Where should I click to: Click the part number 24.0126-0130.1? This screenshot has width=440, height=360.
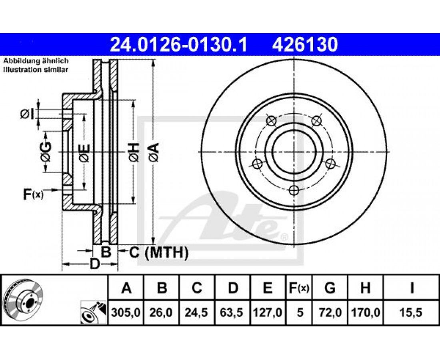pos(179,45)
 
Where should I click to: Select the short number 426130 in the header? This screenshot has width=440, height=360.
pos(305,45)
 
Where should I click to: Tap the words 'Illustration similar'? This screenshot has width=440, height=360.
pos(36,70)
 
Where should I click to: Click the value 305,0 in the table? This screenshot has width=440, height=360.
pos(126,312)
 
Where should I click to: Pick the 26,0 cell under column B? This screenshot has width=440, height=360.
pos(161,312)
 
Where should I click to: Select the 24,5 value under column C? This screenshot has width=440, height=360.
pos(196,312)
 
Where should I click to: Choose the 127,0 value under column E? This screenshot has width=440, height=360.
pos(268,312)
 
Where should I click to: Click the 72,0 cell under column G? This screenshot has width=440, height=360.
pos(330,312)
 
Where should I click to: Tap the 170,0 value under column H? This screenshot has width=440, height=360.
pos(365,312)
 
